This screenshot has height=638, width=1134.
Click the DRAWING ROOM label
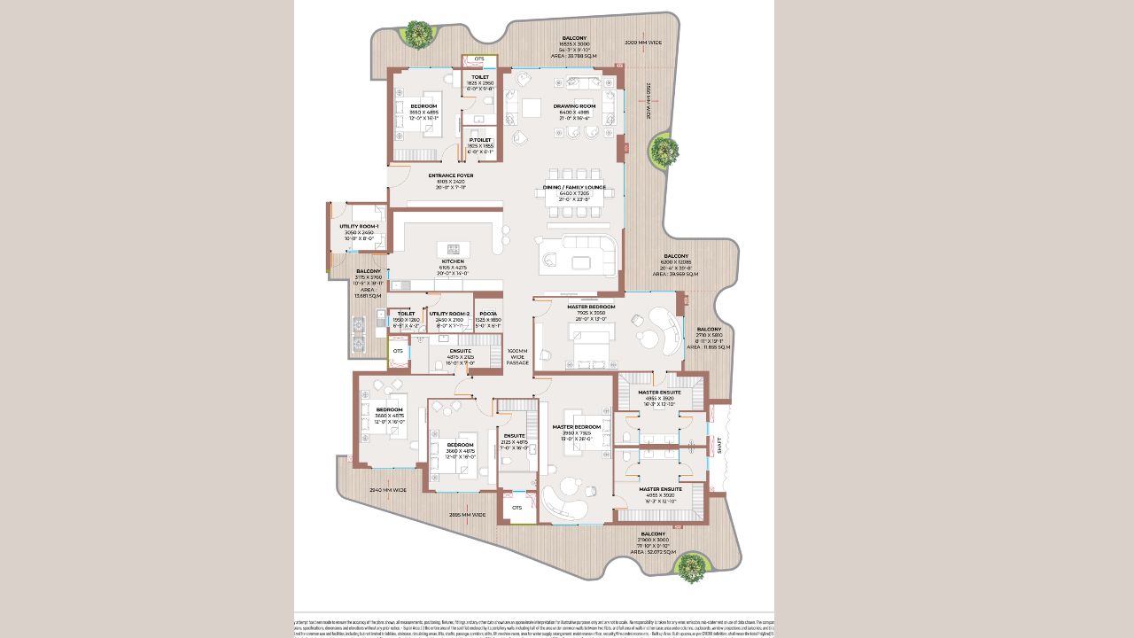574,105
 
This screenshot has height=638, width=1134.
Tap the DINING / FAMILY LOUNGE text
574,188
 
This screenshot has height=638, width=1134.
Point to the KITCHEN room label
453,261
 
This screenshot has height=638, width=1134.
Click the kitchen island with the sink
453,248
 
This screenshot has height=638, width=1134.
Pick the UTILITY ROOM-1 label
359,227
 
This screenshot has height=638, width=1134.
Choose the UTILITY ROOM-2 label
449,314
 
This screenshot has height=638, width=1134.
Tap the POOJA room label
487,314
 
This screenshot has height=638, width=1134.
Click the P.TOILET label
480,140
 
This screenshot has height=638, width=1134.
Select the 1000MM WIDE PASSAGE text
517,356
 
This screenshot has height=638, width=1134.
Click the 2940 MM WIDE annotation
387,490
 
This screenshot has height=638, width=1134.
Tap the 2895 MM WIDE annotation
467,515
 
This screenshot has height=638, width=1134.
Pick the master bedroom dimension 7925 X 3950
590,313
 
